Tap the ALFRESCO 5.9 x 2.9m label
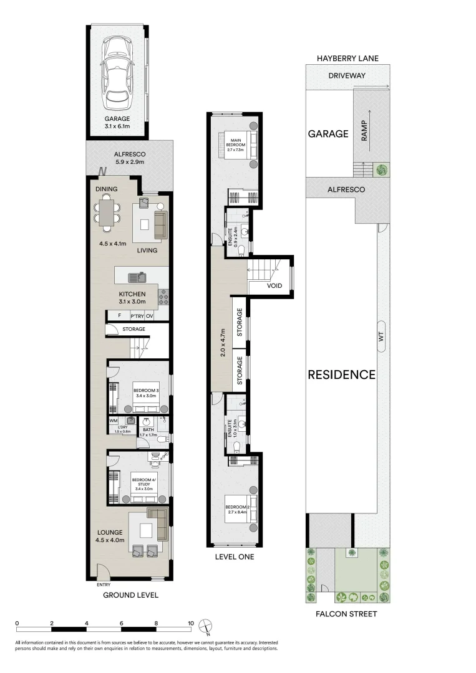[129, 158]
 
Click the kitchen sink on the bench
[137, 277]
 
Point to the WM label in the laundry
[113, 421]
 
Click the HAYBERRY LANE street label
[347, 59]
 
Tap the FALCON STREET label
[347, 614]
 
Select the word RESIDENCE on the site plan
[341, 375]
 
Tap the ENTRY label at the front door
[104, 585]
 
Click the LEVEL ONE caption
[233, 556]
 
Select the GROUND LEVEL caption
[130, 595]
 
